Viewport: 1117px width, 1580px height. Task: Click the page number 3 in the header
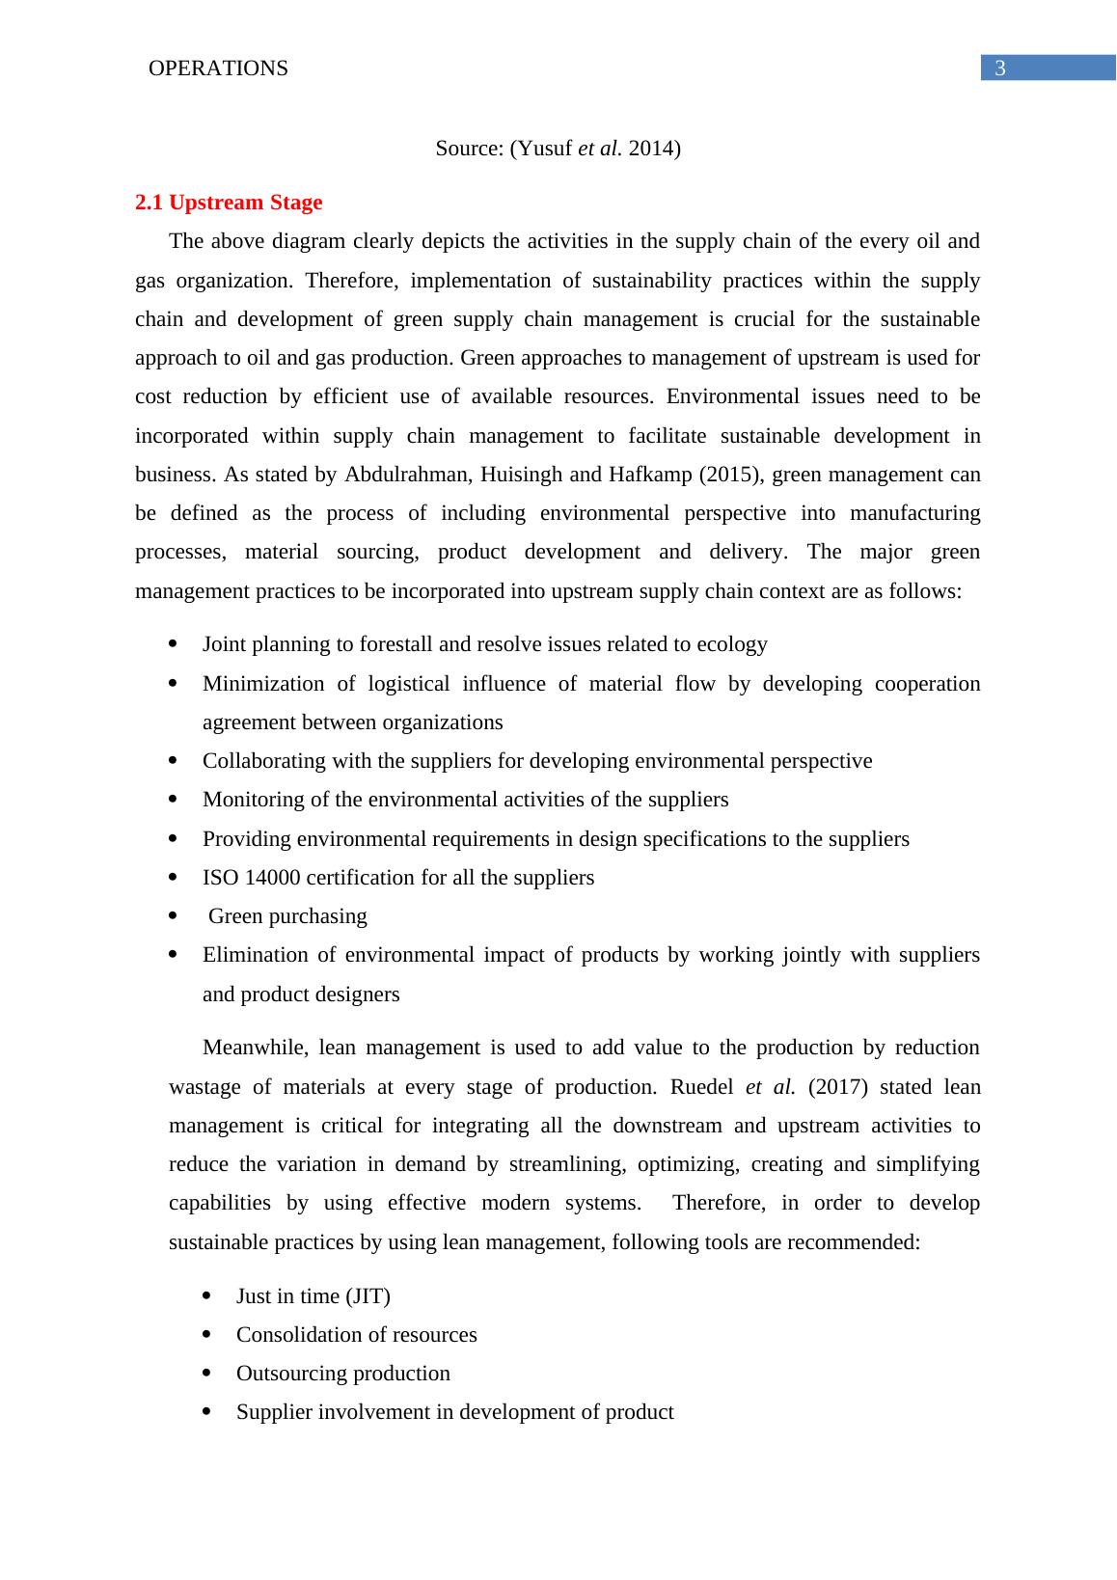1000,68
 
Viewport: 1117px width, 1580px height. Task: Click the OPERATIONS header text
219,68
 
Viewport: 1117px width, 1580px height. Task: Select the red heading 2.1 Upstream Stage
229,203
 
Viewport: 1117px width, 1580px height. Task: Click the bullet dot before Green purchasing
174,916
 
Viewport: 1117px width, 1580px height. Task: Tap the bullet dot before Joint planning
174,644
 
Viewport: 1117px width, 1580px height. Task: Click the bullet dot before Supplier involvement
207,1412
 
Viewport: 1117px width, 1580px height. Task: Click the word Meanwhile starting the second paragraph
254,1049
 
